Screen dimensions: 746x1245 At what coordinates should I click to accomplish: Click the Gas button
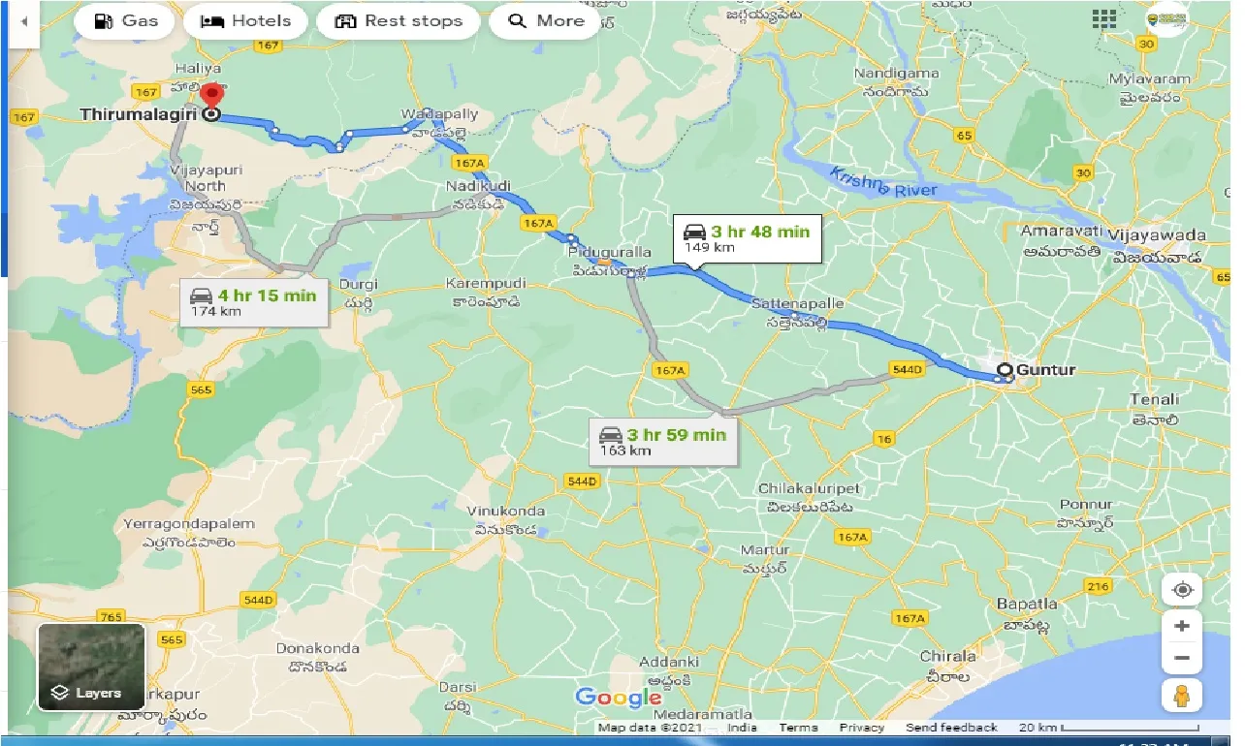[125, 21]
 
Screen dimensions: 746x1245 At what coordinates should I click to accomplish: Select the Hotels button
[246, 21]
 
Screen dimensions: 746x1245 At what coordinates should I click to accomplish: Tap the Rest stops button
[399, 21]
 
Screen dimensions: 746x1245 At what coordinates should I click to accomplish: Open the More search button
[546, 21]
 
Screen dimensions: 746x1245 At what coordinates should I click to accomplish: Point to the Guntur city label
[1045, 369]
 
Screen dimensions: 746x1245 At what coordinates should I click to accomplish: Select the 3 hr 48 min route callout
[748, 237]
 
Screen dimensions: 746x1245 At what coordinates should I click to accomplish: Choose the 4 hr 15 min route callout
[254, 301]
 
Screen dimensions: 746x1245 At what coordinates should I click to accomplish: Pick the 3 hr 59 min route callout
[663, 441]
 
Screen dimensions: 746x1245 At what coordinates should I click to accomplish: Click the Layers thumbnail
[91, 667]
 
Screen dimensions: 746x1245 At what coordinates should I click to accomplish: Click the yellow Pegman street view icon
[1181, 696]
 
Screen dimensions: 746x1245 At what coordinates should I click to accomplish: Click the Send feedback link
[951, 728]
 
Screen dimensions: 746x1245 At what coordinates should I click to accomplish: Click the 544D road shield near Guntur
[906, 370]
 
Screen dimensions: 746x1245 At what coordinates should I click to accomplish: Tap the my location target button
[1182, 589]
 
